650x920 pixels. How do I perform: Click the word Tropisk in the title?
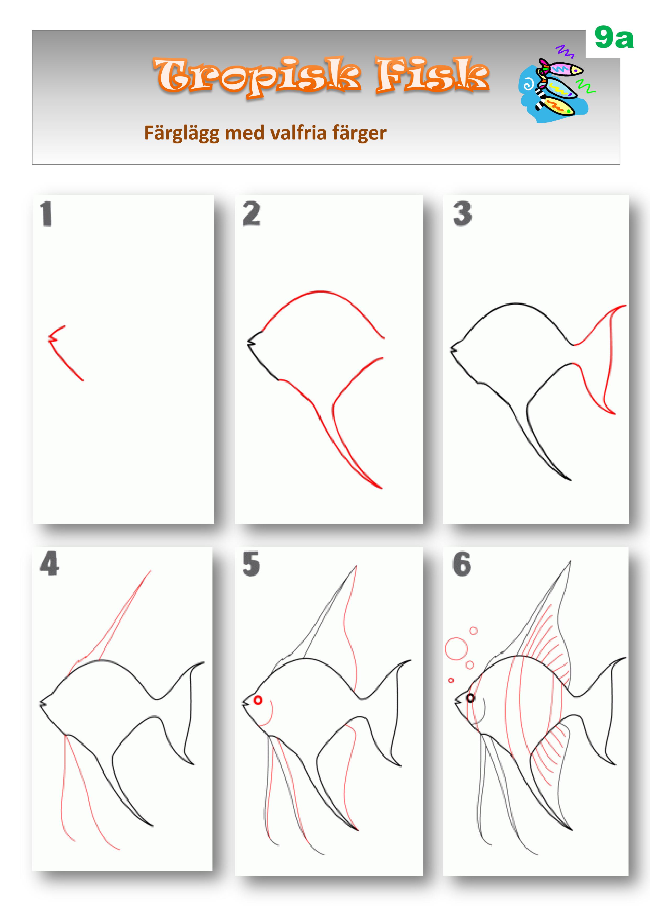click(257, 76)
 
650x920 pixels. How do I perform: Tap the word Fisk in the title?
click(432, 75)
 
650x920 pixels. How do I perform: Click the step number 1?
click(46, 214)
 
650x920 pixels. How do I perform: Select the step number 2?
click(252, 214)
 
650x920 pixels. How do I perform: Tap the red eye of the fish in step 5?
click(258, 700)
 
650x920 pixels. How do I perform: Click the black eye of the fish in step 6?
click(471, 698)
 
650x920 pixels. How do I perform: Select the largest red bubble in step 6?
click(456, 648)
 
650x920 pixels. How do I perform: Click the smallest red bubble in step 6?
click(451, 680)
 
